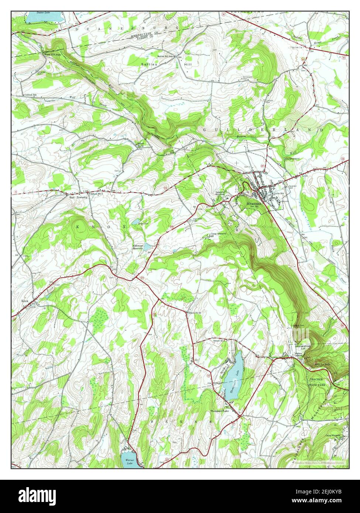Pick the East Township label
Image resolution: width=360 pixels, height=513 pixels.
(78, 197)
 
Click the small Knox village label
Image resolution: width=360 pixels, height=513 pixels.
(25, 301)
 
